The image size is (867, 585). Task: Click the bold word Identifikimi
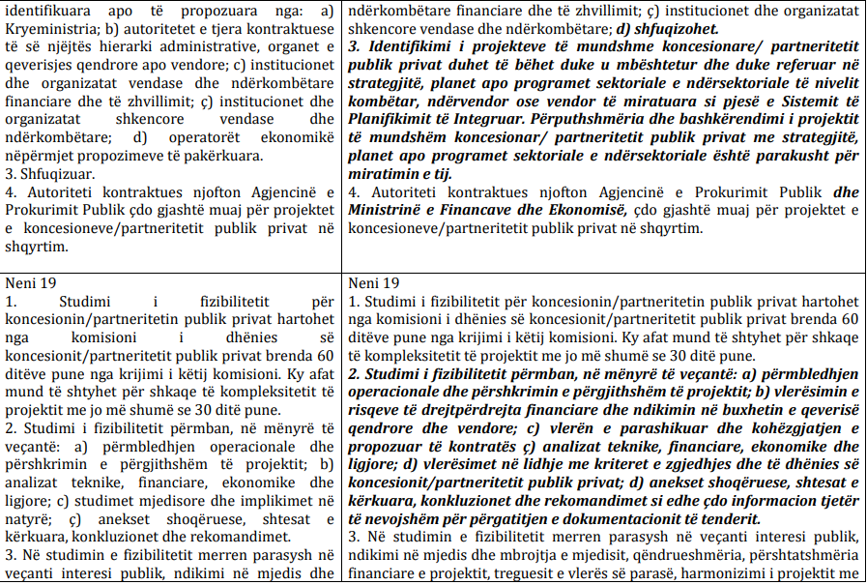pos(406,46)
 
